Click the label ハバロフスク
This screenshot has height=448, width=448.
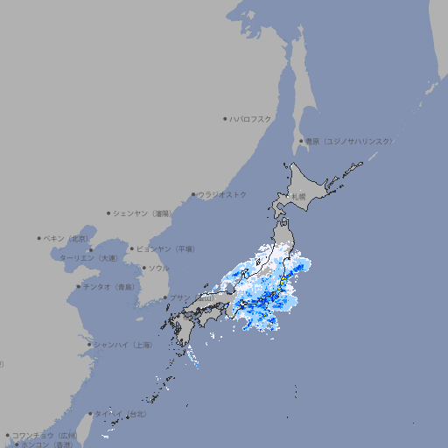(251, 118)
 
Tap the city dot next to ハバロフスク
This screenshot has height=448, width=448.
(226, 118)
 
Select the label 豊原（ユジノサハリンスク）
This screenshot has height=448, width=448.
(348, 141)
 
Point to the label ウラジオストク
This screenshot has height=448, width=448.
(222, 194)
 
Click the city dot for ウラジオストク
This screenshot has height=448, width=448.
(194, 194)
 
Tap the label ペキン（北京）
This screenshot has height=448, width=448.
(67, 238)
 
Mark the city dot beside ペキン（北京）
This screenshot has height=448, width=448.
(40, 238)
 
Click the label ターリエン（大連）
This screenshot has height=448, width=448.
(88, 258)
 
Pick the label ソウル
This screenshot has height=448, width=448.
(158, 268)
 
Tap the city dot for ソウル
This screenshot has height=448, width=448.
(143, 268)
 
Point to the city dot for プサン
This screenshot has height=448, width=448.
(165, 297)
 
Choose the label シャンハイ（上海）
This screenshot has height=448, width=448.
(122, 345)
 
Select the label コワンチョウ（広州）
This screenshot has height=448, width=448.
(45, 435)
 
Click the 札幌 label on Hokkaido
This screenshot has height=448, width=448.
(299, 197)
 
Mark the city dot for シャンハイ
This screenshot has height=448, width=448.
(89, 345)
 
